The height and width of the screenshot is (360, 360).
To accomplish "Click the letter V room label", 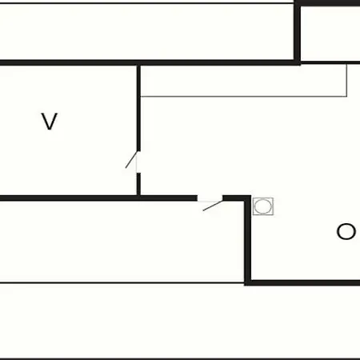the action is (x=50, y=122).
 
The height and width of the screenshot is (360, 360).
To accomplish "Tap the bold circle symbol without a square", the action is (x=346, y=231).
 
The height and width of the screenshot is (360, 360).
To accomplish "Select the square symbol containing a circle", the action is (x=263, y=206).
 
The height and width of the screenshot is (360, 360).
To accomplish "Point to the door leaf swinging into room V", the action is (x=131, y=160).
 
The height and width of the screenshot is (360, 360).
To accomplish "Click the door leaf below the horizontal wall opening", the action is (x=213, y=206).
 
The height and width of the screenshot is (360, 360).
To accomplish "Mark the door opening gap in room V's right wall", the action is (x=138, y=162).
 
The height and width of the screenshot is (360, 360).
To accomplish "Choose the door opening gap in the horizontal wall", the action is (x=210, y=198).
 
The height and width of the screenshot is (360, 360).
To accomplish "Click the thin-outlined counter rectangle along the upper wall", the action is (x=244, y=81).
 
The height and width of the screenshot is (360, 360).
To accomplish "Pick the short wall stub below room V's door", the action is (x=138, y=184).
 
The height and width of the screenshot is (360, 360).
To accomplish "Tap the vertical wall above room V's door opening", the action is (x=138, y=108).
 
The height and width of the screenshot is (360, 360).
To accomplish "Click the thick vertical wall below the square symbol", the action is (x=248, y=240).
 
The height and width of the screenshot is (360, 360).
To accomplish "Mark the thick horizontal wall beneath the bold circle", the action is (x=306, y=283).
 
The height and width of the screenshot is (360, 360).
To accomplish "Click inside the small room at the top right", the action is (x=330, y=34).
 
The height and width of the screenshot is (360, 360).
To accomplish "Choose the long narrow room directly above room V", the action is (x=146, y=32).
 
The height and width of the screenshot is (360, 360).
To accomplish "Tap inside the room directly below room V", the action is (x=122, y=241).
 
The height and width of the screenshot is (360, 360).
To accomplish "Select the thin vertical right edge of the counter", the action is (x=347, y=80).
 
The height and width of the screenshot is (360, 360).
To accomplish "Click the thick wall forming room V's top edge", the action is (x=70, y=62).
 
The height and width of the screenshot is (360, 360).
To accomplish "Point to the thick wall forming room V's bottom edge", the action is (x=70, y=198).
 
